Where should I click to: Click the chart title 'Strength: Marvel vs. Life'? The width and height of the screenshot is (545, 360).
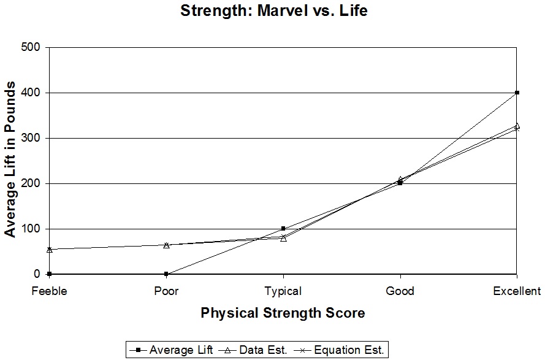[273, 11]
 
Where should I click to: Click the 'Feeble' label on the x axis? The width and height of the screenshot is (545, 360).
[49, 291]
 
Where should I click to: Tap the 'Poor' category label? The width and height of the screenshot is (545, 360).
[166, 291]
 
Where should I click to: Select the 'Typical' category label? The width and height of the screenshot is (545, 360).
[283, 291]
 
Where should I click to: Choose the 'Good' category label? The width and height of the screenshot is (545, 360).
[400, 291]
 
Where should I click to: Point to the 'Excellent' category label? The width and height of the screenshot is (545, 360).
[517, 291]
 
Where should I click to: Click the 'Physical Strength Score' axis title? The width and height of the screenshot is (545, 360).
[283, 313]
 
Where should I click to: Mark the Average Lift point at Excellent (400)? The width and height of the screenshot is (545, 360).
[517, 93]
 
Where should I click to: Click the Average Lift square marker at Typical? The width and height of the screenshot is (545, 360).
[283, 229]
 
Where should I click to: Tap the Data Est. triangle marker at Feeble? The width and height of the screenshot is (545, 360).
[49, 249]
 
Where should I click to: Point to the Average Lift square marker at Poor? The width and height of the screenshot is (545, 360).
[166, 274]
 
